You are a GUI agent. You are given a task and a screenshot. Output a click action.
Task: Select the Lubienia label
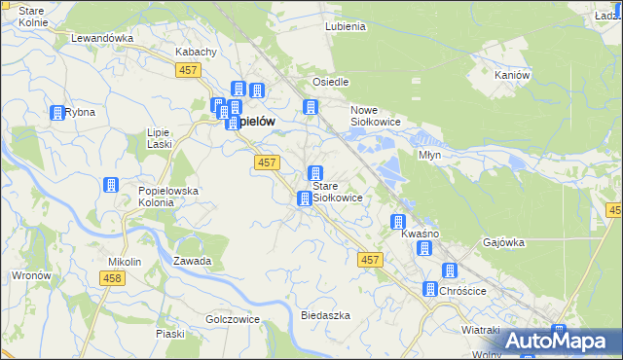click(346, 26)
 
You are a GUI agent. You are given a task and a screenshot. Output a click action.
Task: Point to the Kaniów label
click(511, 75)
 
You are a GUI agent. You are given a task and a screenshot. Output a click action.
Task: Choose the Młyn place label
click(430, 155)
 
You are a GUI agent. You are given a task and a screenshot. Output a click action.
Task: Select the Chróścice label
click(462, 290)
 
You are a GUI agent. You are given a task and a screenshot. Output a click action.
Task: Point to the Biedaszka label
click(325, 315)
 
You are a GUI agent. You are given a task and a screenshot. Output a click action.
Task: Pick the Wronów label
click(31, 275)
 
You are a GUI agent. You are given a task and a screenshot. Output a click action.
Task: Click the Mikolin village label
click(125, 262)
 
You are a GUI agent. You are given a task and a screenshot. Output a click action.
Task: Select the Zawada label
click(192, 262)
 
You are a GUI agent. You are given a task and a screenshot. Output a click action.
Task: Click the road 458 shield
click(112, 278)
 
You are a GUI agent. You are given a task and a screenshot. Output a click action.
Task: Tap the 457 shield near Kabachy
click(189, 70)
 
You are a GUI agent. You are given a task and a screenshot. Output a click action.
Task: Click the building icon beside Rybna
click(57, 113)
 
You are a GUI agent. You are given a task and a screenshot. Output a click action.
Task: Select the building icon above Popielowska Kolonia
click(111, 185)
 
